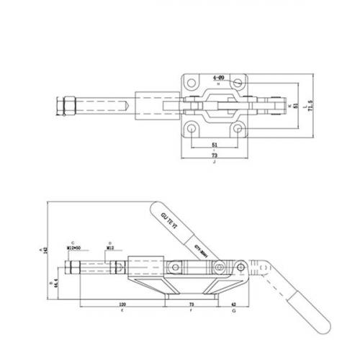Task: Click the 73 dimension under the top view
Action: pyautogui.click(x=215, y=155)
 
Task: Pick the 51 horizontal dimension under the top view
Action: pyautogui.click(x=215, y=144)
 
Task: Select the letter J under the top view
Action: pyautogui.click(x=215, y=164)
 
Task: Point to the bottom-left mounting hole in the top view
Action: pyautogui.click(x=192, y=128)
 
